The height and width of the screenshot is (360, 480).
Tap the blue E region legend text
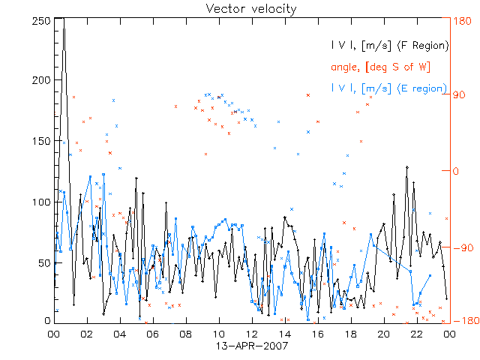388,88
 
